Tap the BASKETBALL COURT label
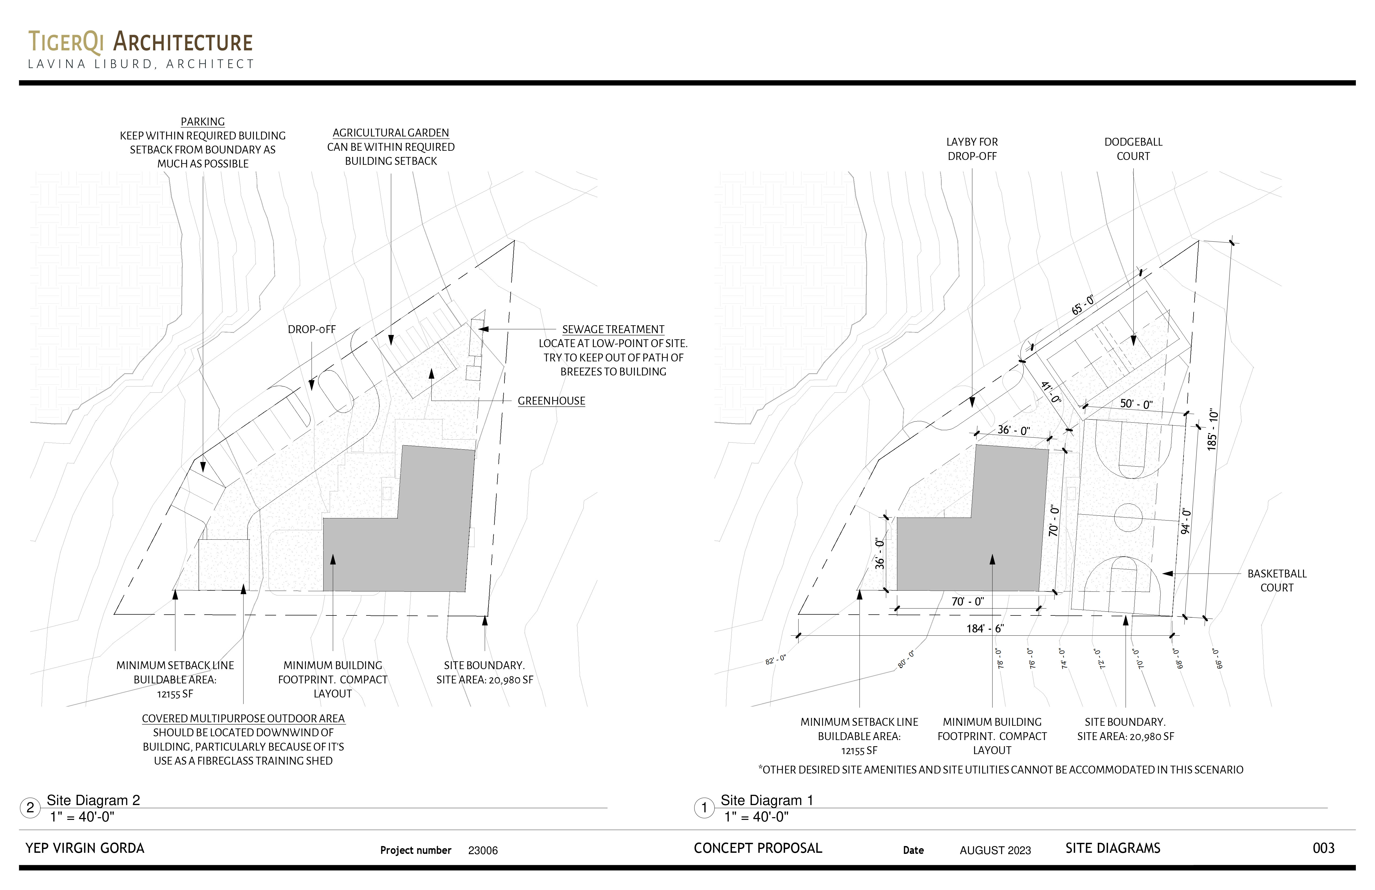click(x=1277, y=580)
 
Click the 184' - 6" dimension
click(x=985, y=628)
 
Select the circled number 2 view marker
click(x=30, y=807)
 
